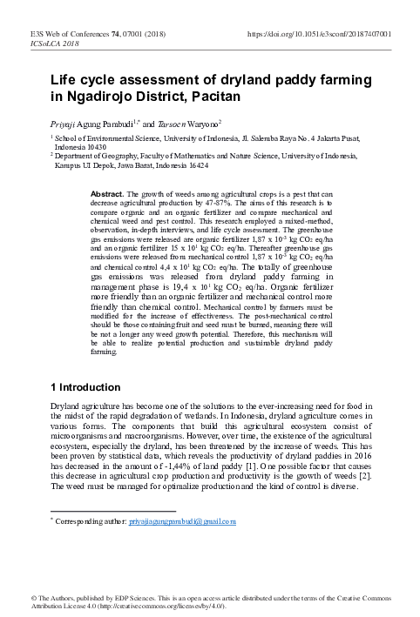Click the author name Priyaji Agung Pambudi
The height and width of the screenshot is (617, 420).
[98, 124]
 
